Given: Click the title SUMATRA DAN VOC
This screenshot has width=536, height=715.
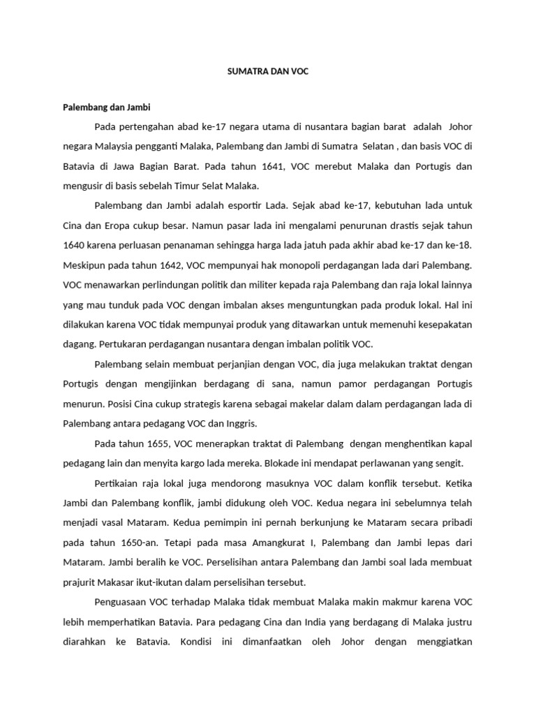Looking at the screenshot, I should pyautogui.click(x=268, y=72).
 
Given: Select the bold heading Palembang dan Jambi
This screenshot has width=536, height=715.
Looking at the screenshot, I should pyautogui.click(x=106, y=108).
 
